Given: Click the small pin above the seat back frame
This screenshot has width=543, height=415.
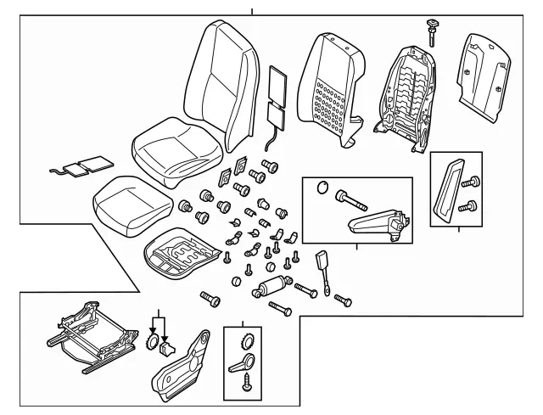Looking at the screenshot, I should [433, 29].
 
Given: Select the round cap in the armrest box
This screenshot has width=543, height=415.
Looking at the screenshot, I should [321, 189].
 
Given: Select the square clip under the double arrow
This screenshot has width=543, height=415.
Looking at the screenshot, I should [168, 348].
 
